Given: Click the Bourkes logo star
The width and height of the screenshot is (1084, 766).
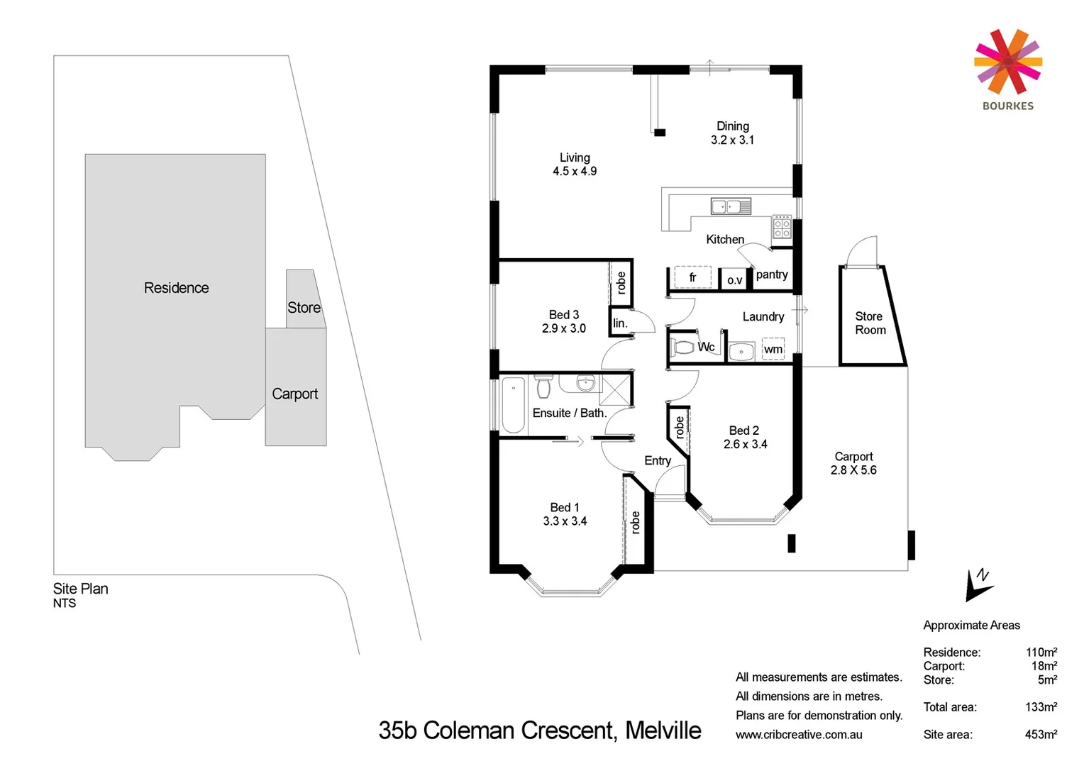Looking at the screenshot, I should tap(1007, 62).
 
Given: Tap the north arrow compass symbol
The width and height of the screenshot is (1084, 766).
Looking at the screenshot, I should tap(978, 585).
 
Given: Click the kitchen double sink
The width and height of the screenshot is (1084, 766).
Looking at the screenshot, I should tap(731, 206).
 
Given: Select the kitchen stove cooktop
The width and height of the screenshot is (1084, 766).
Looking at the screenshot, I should tap(782, 228).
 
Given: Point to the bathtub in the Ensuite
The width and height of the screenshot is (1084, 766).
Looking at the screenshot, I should tap(513, 405).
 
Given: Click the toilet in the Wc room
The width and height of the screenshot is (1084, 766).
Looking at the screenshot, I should tap(683, 348).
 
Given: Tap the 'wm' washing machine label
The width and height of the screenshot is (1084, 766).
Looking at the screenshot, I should tap(773, 350).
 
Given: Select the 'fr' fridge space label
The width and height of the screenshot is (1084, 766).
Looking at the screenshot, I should tap(692, 277).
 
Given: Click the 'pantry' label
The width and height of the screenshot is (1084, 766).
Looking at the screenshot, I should tap(772, 274).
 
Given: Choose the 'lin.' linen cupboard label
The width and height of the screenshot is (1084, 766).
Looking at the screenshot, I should tap(620, 323).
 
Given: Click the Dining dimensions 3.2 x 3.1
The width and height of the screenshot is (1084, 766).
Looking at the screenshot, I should tap(732, 140).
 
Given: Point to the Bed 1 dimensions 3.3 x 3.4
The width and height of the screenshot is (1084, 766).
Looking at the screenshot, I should tap(565, 521).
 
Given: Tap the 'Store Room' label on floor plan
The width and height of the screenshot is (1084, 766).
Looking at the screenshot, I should tap(870, 323).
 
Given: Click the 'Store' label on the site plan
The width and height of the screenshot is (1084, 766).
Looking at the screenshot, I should tap(304, 308).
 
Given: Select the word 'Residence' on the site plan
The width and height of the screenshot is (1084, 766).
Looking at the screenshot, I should tap(176, 288).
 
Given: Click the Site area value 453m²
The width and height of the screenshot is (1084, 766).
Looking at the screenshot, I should tap(1041, 735).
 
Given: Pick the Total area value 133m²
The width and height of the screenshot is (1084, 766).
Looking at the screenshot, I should tap(1041, 707).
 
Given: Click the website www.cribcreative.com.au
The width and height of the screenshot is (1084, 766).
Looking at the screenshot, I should tap(799, 735).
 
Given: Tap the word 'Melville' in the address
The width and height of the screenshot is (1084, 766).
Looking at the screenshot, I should tap(663, 731).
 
